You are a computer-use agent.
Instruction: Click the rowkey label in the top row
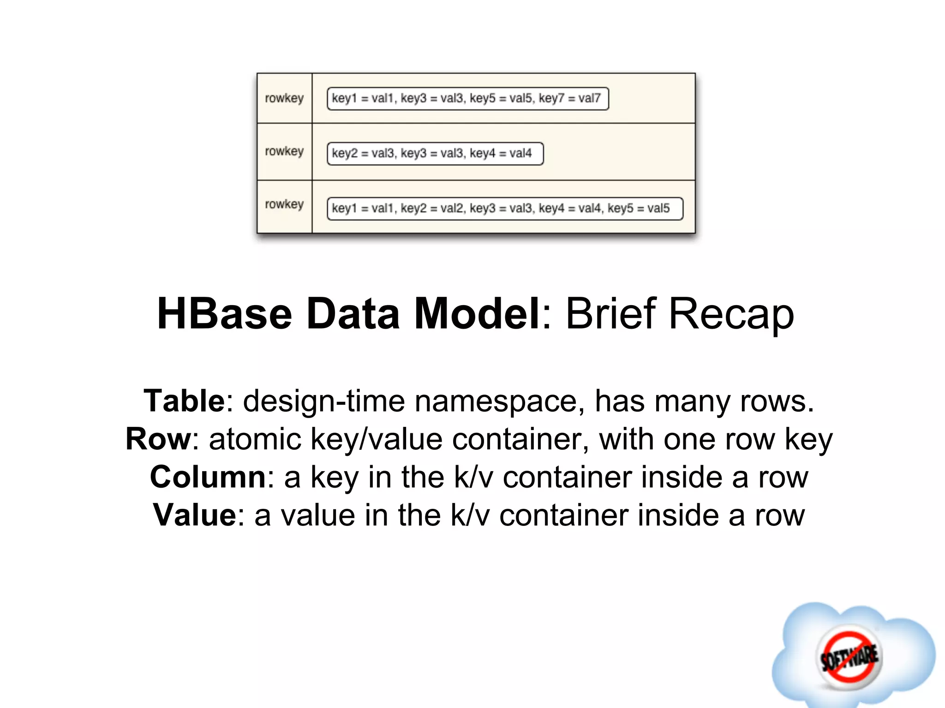click(x=284, y=98)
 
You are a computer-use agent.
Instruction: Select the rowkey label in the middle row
click(x=284, y=151)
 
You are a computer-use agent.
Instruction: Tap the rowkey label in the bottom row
click(x=284, y=204)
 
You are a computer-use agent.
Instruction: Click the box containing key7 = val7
click(x=467, y=99)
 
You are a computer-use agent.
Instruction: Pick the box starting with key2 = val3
click(x=435, y=153)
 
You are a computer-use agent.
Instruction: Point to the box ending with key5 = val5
click(x=505, y=209)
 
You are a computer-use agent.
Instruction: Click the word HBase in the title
click(x=224, y=314)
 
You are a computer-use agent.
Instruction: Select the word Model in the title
click(x=477, y=314)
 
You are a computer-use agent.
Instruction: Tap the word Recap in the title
click(x=731, y=315)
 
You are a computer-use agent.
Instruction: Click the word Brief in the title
click(x=610, y=314)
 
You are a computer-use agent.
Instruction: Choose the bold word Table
click(x=184, y=401)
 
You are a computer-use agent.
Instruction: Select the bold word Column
click(x=208, y=477)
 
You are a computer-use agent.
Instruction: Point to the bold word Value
click(x=195, y=515)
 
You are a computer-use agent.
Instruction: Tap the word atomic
click(x=255, y=439)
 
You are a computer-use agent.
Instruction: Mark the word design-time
click(x=324, y=401)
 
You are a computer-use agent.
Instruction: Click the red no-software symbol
click(x=849, y=657)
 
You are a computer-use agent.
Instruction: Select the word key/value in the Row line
click(x=377, y=440)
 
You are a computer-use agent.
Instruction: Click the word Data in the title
click(x=353, y=314)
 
